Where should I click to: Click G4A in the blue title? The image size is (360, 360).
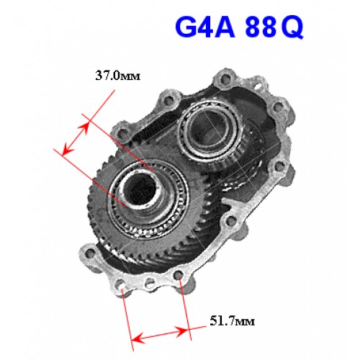tap(205, 27)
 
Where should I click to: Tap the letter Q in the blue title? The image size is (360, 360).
tap(292, 28)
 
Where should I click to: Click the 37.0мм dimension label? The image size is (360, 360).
tap(117, 76)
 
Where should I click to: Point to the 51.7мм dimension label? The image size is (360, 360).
tap(232, 320)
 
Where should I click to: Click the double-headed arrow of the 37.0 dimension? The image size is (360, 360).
tap(75, 139)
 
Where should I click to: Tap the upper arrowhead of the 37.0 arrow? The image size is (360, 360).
tap(84, 127)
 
